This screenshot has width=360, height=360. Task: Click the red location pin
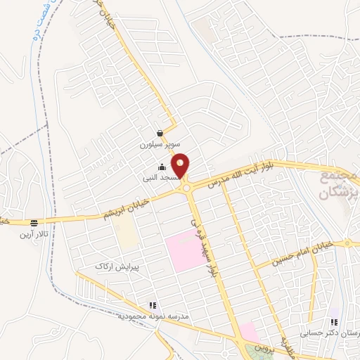181,166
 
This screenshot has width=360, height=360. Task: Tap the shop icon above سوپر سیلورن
160,133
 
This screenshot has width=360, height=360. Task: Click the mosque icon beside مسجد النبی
162,167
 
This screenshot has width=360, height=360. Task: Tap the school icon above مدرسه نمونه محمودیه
151,305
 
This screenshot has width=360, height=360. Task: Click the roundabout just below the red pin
186,188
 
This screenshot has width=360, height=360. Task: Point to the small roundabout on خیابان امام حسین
349,244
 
